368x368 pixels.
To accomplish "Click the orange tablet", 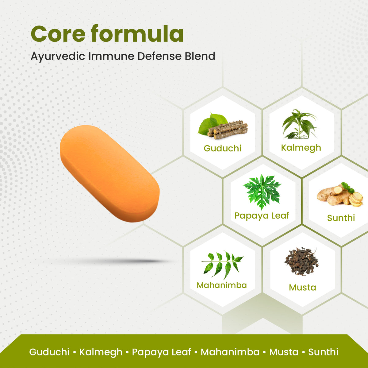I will (110, 173).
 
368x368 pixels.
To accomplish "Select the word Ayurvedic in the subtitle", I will (57, 57).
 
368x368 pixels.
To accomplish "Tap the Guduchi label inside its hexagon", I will (223, 148).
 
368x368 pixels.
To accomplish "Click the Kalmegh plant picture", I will (299, 124).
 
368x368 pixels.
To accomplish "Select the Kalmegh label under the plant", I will (301, 148).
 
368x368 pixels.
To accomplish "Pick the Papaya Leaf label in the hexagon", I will (262, 216).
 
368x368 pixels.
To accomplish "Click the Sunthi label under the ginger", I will (341, 218).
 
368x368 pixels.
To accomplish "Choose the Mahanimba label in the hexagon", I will (222, 285).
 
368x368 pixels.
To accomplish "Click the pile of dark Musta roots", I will (301, 261).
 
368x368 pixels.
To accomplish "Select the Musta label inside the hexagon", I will (302, 288).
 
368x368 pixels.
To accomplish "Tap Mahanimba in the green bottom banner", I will (230, 352).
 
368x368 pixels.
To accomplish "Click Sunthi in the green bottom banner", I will (323, 352).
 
